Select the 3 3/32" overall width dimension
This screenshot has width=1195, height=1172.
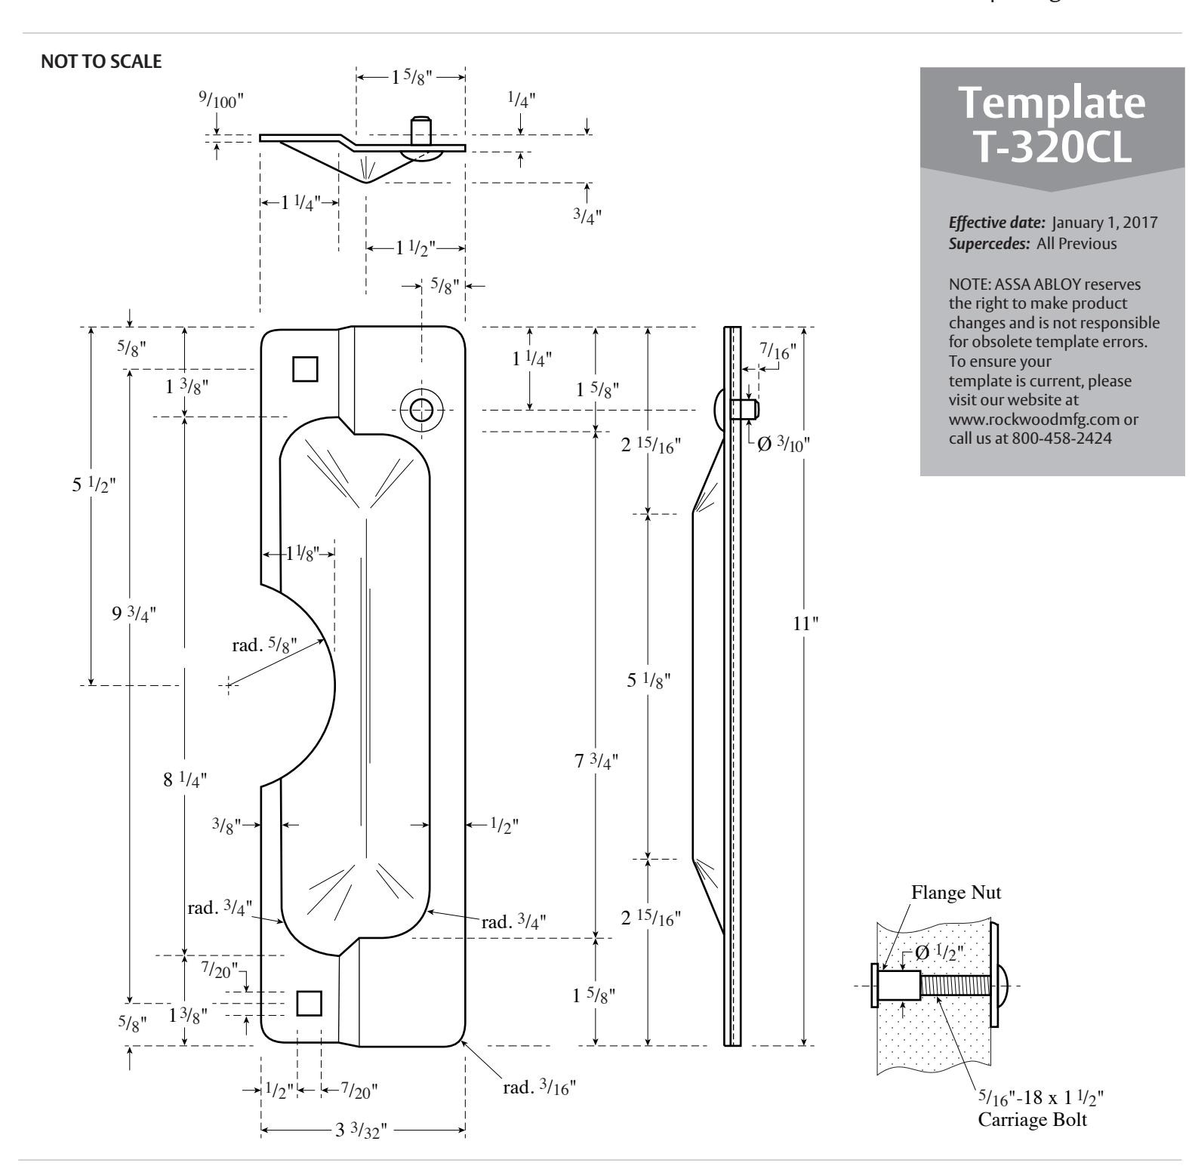362,1130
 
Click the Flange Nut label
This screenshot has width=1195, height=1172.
956,893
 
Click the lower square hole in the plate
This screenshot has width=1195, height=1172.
309,1002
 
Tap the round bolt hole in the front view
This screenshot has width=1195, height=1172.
421,410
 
